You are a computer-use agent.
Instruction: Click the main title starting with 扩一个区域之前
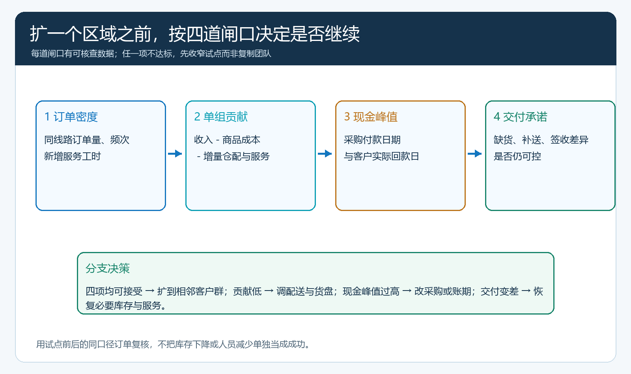tap(195, 34)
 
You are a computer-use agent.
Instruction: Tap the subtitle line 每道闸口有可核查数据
tap(151, 54)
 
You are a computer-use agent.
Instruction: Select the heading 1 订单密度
tap(71, 117)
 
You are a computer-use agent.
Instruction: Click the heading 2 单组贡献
tap(221, 117)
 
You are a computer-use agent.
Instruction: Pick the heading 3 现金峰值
tap(371, 117)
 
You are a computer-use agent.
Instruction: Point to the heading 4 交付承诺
tap(521, 117)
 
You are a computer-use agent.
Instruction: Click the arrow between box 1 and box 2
tap(175, 154)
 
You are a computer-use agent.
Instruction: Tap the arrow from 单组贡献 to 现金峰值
tap(325, 154)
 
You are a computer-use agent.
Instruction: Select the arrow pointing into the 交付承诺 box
tap(475, 154)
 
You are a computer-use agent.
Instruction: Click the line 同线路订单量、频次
tap(87, 140)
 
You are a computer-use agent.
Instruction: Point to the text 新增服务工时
tap(73, 156)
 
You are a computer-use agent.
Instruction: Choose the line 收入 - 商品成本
tap(227, 140)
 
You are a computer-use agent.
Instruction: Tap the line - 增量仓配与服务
tap(233, 156)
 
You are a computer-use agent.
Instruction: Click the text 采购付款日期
tap(372, 140)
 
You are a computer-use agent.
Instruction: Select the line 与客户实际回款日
tap(381, 156)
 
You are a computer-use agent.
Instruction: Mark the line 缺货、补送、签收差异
tap(541, 140)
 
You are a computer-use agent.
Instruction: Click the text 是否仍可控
tap(517, 156)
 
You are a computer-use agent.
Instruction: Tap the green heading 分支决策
tap(108, 268)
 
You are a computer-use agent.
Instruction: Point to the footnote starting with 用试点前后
tap(173, 344)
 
